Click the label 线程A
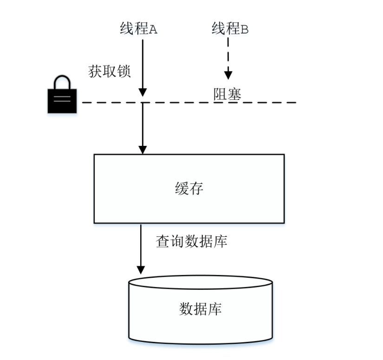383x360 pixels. tap(139, 29)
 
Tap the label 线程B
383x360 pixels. tap(230, 29)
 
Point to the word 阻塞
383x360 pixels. tap(227, 94)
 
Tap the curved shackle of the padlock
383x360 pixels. tap(62, 82)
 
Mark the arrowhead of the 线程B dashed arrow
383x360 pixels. tap(228, 74)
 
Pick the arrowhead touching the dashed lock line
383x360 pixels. tap(143, 93)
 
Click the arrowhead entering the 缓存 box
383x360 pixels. tap(143, 149)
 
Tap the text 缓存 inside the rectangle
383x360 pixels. tap(189, 189)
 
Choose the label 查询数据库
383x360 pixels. tap(191, 242)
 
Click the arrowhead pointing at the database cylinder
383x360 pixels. tap(141, 270)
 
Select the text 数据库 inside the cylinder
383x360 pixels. tap(200, 309)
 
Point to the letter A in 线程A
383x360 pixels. tap(153, 30)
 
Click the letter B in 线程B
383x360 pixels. tap(245, 30)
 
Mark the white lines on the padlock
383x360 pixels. tap(62, 98)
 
